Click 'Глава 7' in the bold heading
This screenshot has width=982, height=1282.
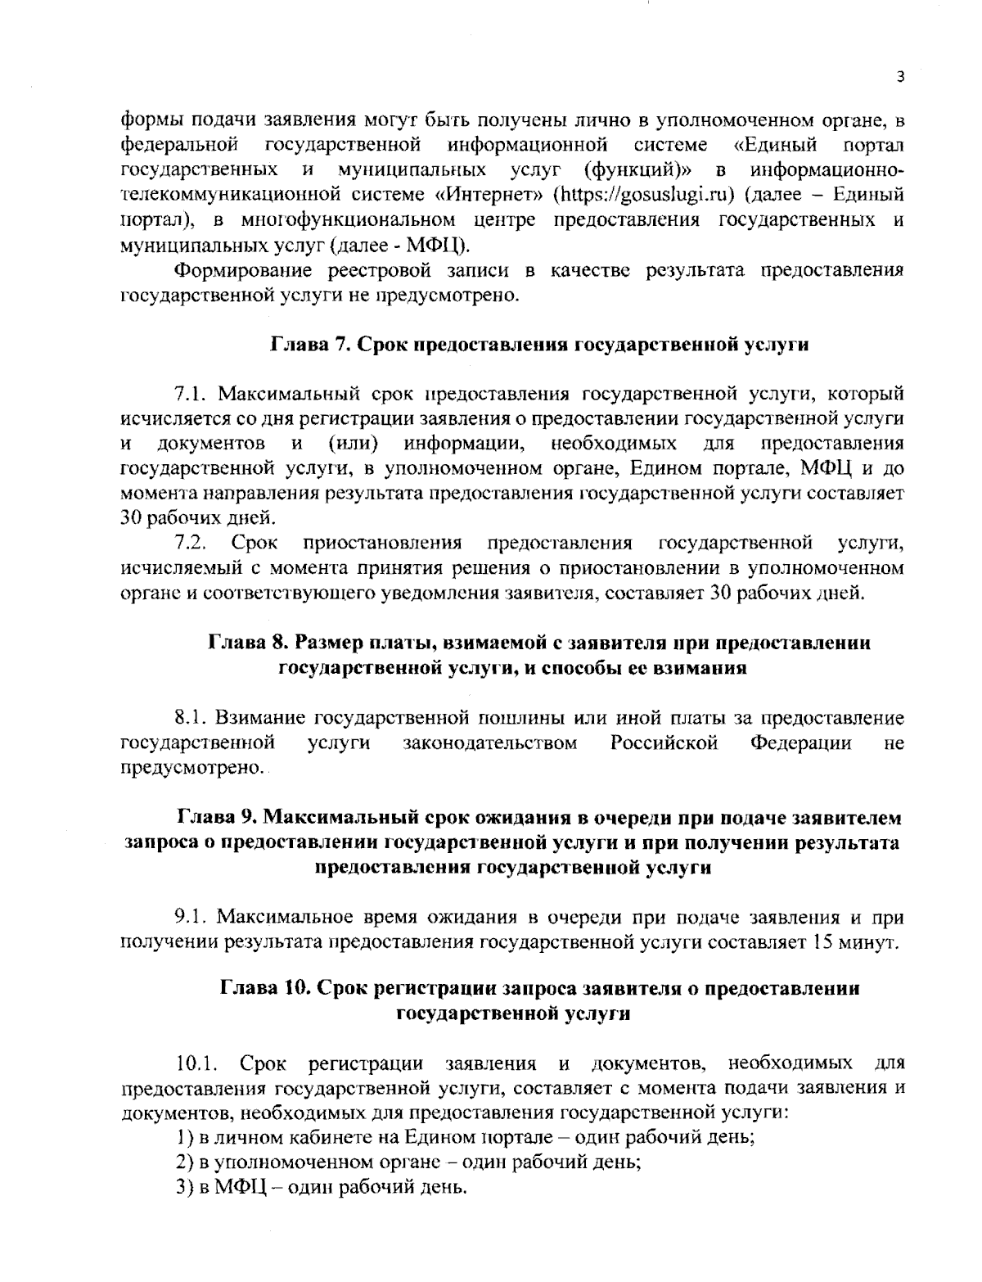304,345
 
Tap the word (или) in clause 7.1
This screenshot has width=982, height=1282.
352,444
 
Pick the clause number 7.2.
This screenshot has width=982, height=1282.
190,543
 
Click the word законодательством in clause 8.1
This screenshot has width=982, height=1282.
490,743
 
